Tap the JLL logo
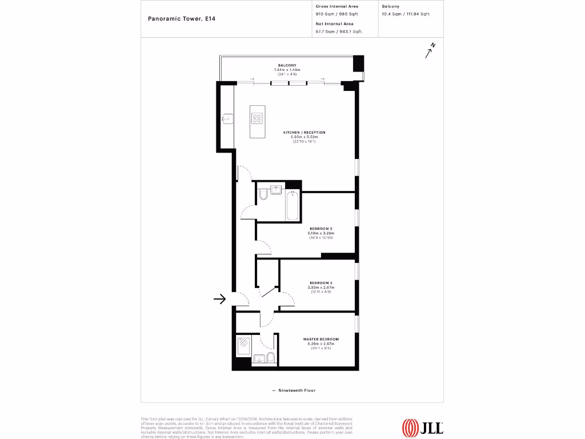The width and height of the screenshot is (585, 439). click(422, 427)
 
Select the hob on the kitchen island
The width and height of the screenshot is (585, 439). click(257, 119)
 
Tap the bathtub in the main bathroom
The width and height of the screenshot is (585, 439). click(292, 207)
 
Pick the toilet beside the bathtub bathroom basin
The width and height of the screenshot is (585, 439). click(262, 197)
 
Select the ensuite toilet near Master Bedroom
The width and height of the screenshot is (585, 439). click(271, 359)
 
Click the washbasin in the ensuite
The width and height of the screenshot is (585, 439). click(258, 360)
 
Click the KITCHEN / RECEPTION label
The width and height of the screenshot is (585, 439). click(304, 133)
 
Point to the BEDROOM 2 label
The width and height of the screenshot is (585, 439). click(320, 229)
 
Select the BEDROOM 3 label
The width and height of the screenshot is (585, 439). click(320, 283)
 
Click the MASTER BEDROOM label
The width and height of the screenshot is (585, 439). click(320, 339)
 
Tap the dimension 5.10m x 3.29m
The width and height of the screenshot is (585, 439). click(320, 233)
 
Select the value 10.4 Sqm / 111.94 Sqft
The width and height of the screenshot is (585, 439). click(405, 14)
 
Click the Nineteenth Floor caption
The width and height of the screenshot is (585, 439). click(294, 390)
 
